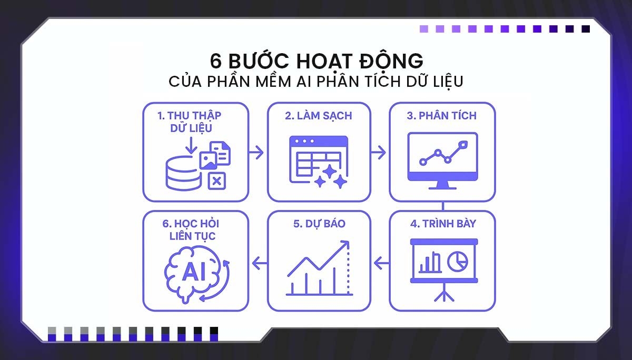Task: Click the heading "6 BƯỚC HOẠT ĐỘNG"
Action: pos(316,61)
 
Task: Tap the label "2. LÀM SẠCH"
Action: pos(319,116)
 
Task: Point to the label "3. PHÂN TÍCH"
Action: pos(442,116)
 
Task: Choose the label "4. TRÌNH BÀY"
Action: pos(443,223)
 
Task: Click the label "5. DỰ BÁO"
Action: pos(319,223)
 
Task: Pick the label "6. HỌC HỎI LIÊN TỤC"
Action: pos(189,230)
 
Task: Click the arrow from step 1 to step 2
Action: pos(256,153)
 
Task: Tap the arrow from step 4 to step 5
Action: pos(382,261)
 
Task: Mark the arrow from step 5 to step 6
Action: pos(258,261)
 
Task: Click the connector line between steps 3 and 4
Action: pos(443,206)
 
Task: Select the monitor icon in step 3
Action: pos(442,158)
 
